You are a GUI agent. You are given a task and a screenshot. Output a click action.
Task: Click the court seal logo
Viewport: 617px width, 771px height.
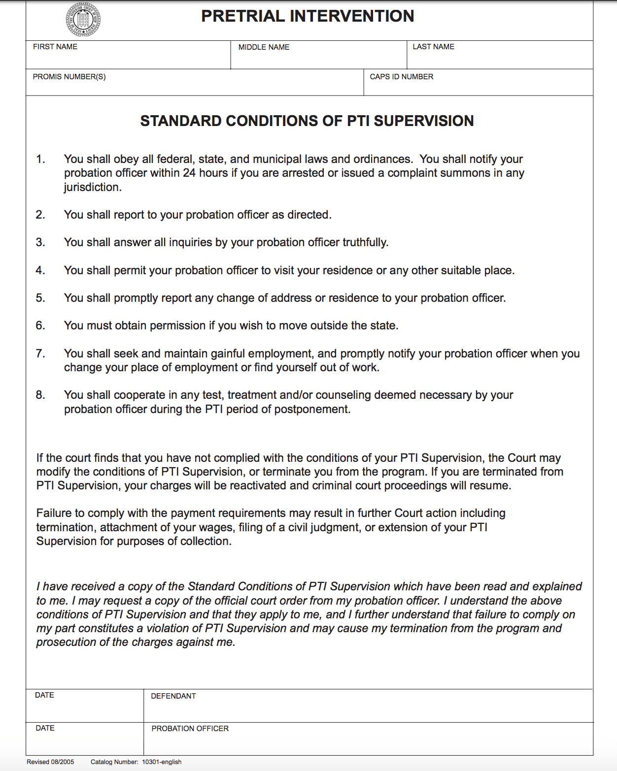tap(83, 20)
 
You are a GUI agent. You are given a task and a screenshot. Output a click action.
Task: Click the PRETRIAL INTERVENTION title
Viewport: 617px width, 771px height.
tap(308, 16)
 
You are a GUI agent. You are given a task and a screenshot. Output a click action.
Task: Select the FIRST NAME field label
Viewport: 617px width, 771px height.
tap(55, 47)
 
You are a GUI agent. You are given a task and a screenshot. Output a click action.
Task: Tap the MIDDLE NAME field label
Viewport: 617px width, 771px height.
tap(264, 47)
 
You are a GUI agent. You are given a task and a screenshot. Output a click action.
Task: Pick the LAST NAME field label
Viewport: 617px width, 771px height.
tap(433, 47)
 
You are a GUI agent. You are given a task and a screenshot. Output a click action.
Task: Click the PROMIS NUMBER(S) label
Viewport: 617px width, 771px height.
tap(69, 77)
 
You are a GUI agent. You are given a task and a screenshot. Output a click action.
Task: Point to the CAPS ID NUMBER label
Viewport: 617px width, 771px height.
tap(402, 77)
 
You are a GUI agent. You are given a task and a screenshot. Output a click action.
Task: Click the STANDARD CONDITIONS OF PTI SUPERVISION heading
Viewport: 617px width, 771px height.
tap(307, 121)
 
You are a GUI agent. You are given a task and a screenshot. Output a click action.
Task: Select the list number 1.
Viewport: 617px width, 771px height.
tap(40, 160)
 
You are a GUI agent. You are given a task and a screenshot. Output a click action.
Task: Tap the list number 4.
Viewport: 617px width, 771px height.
tap(40, 271)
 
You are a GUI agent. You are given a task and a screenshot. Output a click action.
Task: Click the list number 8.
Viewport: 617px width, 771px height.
tap(40, 395)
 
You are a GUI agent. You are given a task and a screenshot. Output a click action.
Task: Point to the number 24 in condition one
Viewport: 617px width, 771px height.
tap(189, 173)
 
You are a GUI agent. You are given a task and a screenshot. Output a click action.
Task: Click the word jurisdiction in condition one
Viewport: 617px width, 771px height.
tap(92, 188)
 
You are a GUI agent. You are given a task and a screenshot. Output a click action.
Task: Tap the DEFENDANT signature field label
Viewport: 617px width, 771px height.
tap(173, 696)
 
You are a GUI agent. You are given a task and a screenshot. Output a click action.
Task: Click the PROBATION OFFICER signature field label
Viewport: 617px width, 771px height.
tap(190, 729)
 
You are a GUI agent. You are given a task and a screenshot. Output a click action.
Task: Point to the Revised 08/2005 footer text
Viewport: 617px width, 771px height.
tap(50, 762)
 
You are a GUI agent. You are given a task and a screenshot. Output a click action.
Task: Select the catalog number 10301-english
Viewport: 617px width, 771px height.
tap(162, 762)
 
